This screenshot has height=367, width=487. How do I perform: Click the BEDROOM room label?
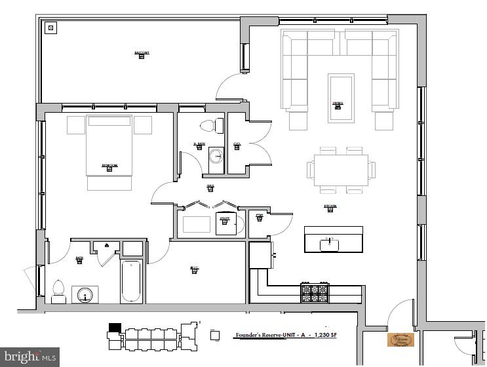(109, 166)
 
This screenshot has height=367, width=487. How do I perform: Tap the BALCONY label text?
(142, 52)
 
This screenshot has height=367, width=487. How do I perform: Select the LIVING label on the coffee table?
(338, 103)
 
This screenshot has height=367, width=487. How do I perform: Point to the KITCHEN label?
(330, 206)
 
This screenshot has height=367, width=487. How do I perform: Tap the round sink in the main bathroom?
(84, 295)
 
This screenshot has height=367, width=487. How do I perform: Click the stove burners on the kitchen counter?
(314, 292)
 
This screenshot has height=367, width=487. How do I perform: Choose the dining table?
(340, 170)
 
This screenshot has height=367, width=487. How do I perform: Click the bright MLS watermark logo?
(29, 357)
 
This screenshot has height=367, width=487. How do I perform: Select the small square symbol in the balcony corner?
(50, 28)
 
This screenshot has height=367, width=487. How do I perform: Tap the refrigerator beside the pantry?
(260, 255)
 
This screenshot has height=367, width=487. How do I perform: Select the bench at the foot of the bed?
(109, 184)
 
